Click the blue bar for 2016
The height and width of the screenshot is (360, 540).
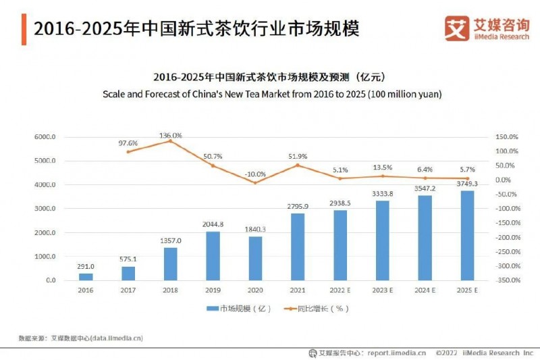[x=86, y=276]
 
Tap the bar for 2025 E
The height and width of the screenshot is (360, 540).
[x=467, y=235]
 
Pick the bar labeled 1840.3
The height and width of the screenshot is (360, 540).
[x=254, y=258]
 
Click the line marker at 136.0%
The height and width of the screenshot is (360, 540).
[x=170, y=140]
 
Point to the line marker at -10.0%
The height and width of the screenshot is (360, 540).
[x=254, y=182]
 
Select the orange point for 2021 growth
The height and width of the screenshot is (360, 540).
[x=297, y=165]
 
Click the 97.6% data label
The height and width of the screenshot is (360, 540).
[x=128, y=143]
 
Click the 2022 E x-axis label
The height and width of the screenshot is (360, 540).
[x=340, y=290]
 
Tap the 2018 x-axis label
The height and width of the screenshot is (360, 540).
[x=170, y=290]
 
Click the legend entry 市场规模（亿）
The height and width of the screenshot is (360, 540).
[x=240, y=309]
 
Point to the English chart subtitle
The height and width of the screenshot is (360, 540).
[x=272, y=95]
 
